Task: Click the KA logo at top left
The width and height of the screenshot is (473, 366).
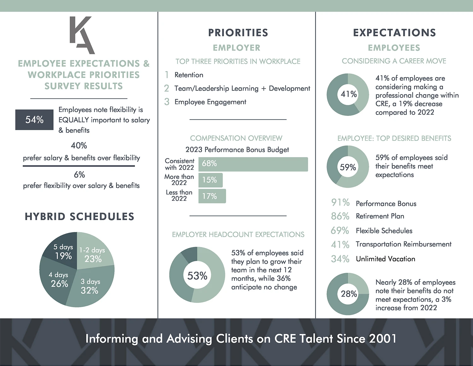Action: click(82, 35)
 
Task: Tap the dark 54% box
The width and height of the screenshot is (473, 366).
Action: click(34, 120)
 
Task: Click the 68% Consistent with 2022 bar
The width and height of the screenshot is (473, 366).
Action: click(253, 164)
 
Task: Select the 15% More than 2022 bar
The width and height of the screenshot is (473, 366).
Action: click(210, 180)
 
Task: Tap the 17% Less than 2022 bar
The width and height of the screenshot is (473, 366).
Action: click(212, 196)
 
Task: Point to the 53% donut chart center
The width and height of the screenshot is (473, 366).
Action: click(197, 275)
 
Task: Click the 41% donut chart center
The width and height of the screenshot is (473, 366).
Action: click(348, 94)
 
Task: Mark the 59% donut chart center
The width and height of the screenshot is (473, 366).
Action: click(348, 167)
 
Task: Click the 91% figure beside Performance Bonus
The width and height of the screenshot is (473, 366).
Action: click(340, 202)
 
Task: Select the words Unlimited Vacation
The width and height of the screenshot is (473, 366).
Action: click(385, 259)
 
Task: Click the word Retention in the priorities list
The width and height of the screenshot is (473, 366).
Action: click(189, 75)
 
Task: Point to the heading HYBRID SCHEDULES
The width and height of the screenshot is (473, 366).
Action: click(79, 217)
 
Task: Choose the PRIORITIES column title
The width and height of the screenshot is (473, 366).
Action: click(238, 33)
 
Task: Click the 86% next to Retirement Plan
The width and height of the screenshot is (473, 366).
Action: click(340, 216)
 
